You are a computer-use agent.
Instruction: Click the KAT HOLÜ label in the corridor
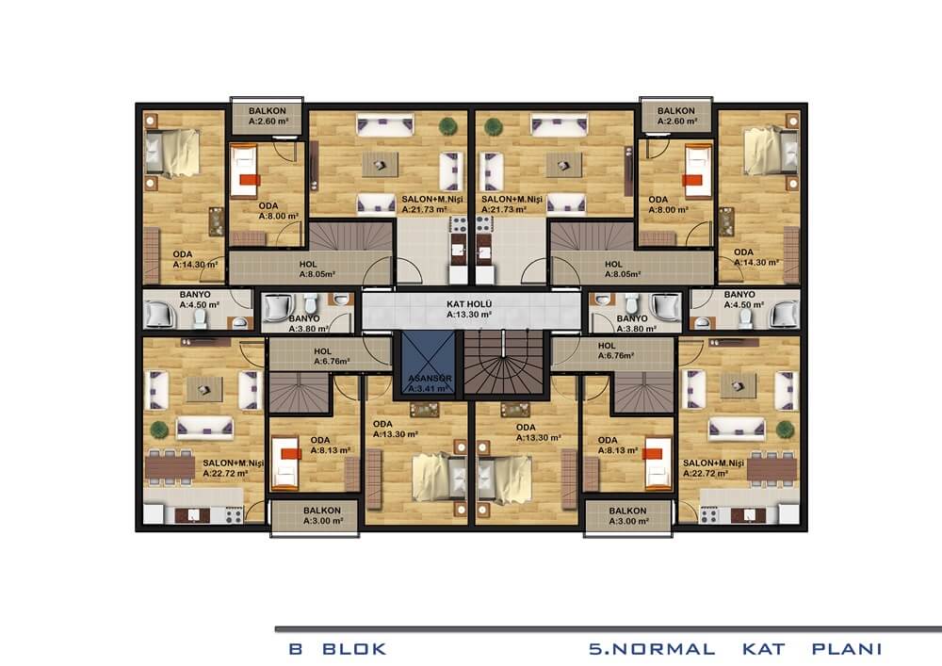[x=469, y=304]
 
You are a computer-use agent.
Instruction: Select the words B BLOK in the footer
[x=337, y=649]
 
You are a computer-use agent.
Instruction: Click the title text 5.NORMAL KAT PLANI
[x=736, y=649]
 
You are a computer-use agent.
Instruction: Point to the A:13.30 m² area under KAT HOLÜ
[x=469, y=314]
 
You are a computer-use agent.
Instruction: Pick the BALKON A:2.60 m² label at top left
[x=268, y=116]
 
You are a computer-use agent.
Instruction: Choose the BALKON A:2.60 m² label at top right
[x=676, y=116]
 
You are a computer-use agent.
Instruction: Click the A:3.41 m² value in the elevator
[x=429, y=388]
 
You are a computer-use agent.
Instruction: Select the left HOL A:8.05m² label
[x=317, y=269]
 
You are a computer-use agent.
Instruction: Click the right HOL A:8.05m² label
[x=622, y=269]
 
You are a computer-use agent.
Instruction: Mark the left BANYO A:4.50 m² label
[x=199, y=300]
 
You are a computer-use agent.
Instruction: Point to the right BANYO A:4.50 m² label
[x=743, y=300]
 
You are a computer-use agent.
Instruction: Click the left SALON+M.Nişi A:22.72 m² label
[x=233, y=468]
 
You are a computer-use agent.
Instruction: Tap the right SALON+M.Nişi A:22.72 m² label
[x=713, y=468]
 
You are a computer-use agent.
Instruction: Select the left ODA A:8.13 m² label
[x=330, y=445]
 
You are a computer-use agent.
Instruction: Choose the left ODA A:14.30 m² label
[x=195, y=259]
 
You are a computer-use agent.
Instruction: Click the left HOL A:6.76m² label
[x=331, y=356]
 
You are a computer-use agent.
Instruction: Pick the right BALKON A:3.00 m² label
[x=627, y=516]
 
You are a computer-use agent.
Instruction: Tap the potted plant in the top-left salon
[x=447, y=126]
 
